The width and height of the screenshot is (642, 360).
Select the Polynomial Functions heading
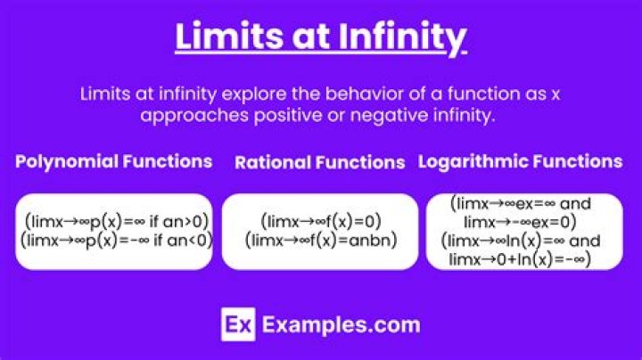[113, 161]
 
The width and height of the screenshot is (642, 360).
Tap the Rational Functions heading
[319, 162]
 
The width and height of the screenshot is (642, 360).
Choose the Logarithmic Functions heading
[520, 161]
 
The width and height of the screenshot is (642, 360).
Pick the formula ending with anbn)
[320, 240]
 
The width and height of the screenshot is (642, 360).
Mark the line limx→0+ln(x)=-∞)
[520, 258]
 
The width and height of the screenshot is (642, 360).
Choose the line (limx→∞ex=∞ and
[520, 203]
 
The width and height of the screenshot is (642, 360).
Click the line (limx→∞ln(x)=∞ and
[520, 241]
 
